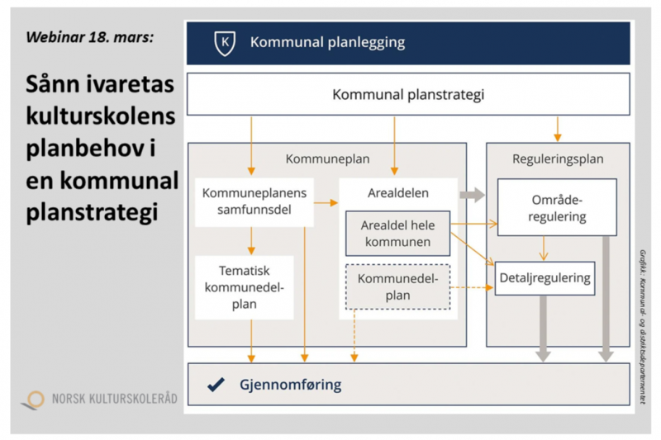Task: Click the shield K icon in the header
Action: pyautogui.click(x=222, y=42)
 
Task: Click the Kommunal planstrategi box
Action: pyautogui.click(x=408, y=95)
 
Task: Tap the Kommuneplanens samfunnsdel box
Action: pyautogui.click(x=254, y=201)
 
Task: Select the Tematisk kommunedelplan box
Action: pyautogui.click(x=245, y=287)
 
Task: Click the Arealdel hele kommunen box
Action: pyautogui.click(x=397, y=234)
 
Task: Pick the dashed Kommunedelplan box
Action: pyautogui.click(x=398, y=287)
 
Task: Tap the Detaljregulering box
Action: pyautogui.click(x=545, y=278)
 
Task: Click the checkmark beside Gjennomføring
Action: pyautogui.click(x=216, y=384)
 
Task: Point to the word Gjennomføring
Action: pyautogui.click(x=290, y=385)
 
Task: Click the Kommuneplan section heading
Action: pyautogui.click(x=328, y=159)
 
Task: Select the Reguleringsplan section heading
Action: pyautogui.click(x=558, y=159)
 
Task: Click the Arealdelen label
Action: pyautogui.click(x=397, y=193)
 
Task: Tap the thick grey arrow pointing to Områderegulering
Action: pyautogui.click(x=472, y=195)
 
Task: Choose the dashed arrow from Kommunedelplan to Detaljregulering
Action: pyautogui.click(x=471, y=287)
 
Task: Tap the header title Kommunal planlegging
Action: pyautogui.click(x=327, y=42)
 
